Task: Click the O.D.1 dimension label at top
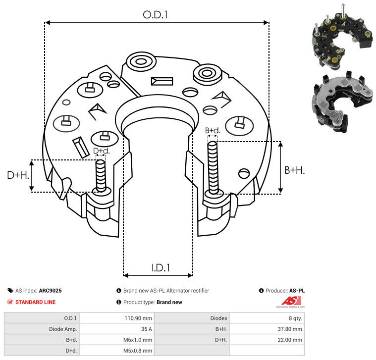tap(156, 15)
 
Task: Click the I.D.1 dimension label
tap(161, 268)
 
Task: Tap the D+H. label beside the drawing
tap(18, 175)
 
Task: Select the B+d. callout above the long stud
tap(212, 131)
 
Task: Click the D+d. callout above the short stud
tap(101, 151)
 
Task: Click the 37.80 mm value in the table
tap(290, 329)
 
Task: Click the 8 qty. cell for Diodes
tap(292, 318)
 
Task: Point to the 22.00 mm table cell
tap(290, 340)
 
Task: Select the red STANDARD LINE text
tap(35, 302)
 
